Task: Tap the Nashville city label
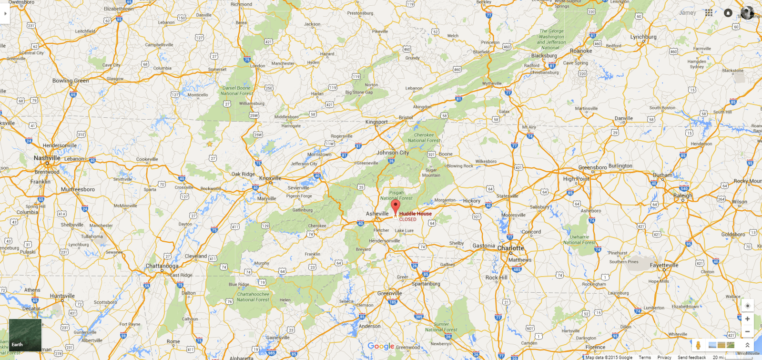47,158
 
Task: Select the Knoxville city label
270,178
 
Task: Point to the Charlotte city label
510,248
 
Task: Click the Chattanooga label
162,266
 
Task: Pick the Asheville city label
377,214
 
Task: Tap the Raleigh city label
682,195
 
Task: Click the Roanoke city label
580,51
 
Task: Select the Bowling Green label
71,81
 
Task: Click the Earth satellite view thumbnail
25,335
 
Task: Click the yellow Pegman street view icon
698,345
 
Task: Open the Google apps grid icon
709,13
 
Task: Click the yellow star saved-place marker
209,144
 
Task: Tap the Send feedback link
691,357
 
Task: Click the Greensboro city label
592,167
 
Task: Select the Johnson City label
393,153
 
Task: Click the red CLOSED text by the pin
407,219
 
